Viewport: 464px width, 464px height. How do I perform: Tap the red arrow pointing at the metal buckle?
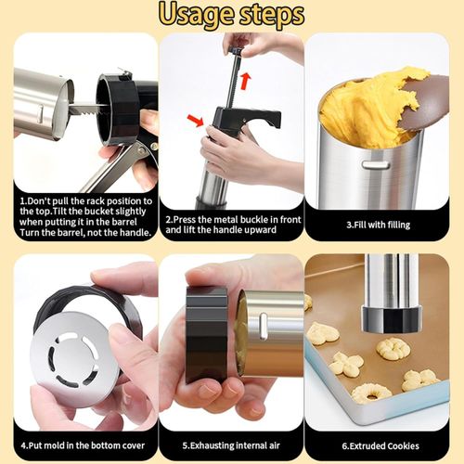(x=196, y=119)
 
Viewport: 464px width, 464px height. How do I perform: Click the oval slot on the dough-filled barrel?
(x=375, y=164)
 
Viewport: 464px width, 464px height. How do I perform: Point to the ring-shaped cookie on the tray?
(x=371, y=393)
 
